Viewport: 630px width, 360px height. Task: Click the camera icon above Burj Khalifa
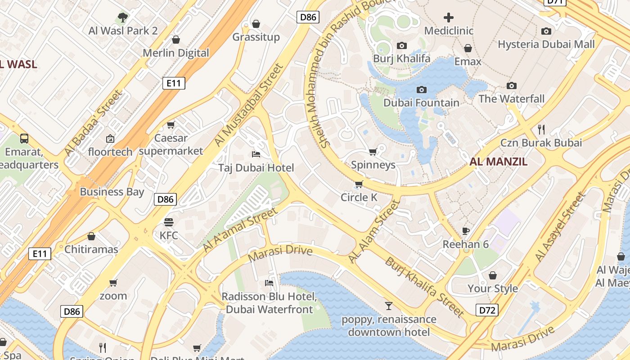point(402,45)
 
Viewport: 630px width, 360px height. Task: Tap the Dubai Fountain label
point(421,103)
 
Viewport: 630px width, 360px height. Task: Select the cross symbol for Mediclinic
point(449,18)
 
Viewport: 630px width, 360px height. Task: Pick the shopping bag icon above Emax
point(468,48)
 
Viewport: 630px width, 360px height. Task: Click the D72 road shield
point(487,310)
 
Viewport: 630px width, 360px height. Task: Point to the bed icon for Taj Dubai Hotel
point(256,155)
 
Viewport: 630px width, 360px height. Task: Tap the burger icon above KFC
point(169,222)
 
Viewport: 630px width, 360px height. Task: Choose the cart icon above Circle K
point(359,184)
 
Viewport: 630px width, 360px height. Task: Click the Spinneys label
point(373,165)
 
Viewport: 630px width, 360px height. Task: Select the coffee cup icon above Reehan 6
point(466,231)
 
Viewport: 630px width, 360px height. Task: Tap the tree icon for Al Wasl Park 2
point(122,18)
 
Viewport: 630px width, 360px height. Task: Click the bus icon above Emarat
point(24,139)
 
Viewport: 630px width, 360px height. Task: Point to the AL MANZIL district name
point(498,162)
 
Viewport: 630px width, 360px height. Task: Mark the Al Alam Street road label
point(374,231)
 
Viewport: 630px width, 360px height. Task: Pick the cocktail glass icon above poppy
point(389,306)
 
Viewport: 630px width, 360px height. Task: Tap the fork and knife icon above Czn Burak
point(541,130)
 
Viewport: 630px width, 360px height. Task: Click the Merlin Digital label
point(176,53)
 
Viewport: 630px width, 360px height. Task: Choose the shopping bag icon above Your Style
point(493,275)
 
